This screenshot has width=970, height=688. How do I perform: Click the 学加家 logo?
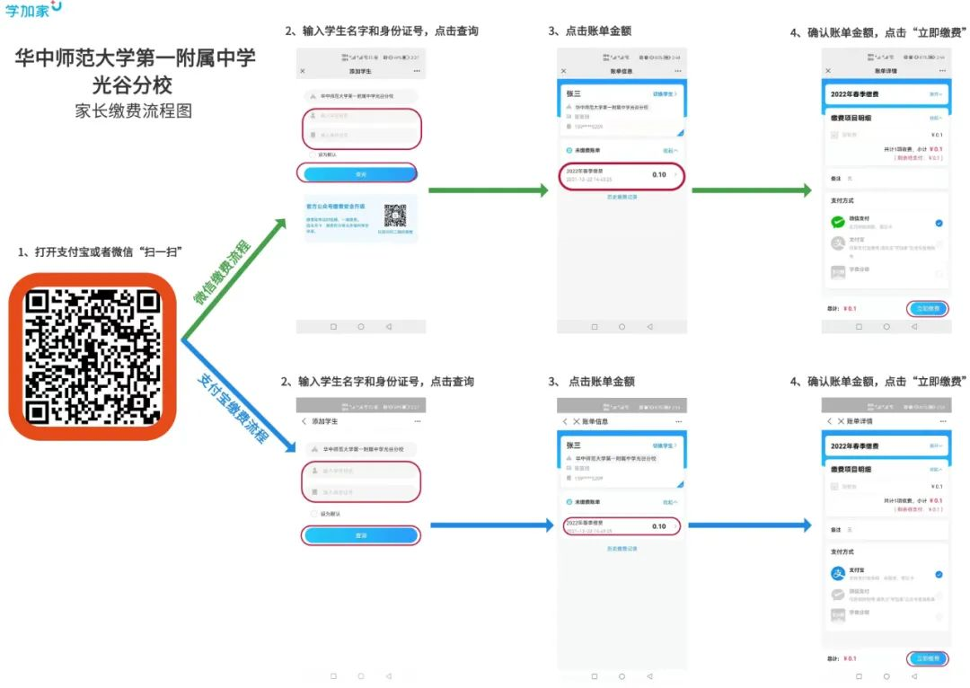pos(33,10)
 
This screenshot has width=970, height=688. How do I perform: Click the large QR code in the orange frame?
pos(92,357)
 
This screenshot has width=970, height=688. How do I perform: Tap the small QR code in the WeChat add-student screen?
pos(395,216)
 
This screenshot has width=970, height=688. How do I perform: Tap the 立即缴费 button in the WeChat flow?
pos(927,308)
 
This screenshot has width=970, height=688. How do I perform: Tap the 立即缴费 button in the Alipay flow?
pos(927,658)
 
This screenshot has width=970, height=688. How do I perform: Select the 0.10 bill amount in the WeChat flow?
pos(658,174)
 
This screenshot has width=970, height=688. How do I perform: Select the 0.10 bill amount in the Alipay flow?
pos(658,526)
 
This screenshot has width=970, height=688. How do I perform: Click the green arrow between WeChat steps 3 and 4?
pos(751,190)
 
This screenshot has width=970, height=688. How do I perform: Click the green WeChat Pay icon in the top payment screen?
pos(838,222)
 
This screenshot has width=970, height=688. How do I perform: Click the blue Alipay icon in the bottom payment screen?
pos(838,573)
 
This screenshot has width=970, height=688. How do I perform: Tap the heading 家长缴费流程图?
pos(134,112)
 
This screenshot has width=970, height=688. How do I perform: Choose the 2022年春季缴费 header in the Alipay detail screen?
pos(855,446)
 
